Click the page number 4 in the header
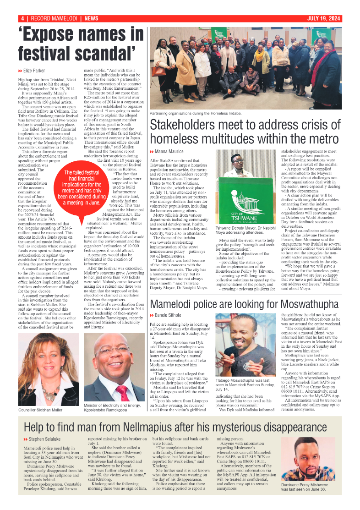(x=22, y=18)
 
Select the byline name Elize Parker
(x=34, y=71)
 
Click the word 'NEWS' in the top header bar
(x=91, y=18)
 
